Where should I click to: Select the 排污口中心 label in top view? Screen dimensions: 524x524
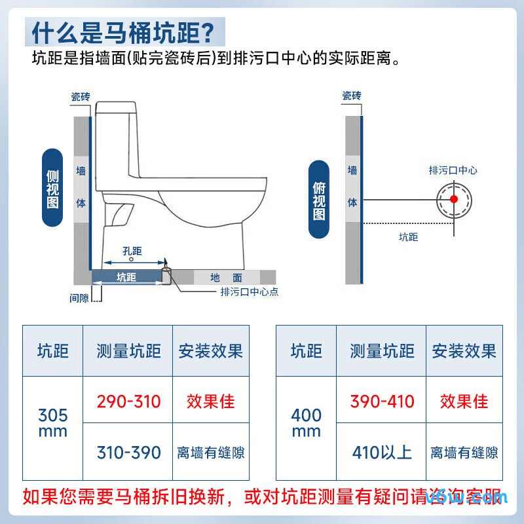pyautogui.click(x=453, y=170)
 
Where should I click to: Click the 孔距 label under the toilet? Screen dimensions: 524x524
pyautogui.click(x=132, y=252)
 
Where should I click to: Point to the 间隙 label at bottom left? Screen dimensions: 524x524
pyautogui.click(x=79, y=298)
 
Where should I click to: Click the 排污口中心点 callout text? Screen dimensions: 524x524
pyautogui.click(x=249, y=292)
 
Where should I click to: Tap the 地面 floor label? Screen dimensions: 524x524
pyautogui.click(x=226, y=278)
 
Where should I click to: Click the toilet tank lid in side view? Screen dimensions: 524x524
pyautogui.click(x=116, y=107)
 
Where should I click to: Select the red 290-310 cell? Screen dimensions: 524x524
pyautogui.click(x=128, y=401)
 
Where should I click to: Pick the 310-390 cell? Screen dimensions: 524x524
pyautogui.click(x=128, y=452)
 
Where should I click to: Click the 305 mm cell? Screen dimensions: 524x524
pyautogui.click(x=52, y=423)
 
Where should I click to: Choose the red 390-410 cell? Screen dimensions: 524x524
pyautogui.click(x=382, y=401)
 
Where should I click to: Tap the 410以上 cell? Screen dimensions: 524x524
pyautogui.click(x=382, y=452)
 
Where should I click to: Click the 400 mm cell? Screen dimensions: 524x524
pyautogui.click(x=306, y=423)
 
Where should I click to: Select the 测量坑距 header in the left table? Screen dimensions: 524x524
pyautogui.click(x=128, y=351)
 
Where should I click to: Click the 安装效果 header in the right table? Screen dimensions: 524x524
pyautogui.click(x=464, y=351)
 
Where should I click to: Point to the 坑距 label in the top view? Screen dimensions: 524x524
pyautogui.click(x=408, y=237)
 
